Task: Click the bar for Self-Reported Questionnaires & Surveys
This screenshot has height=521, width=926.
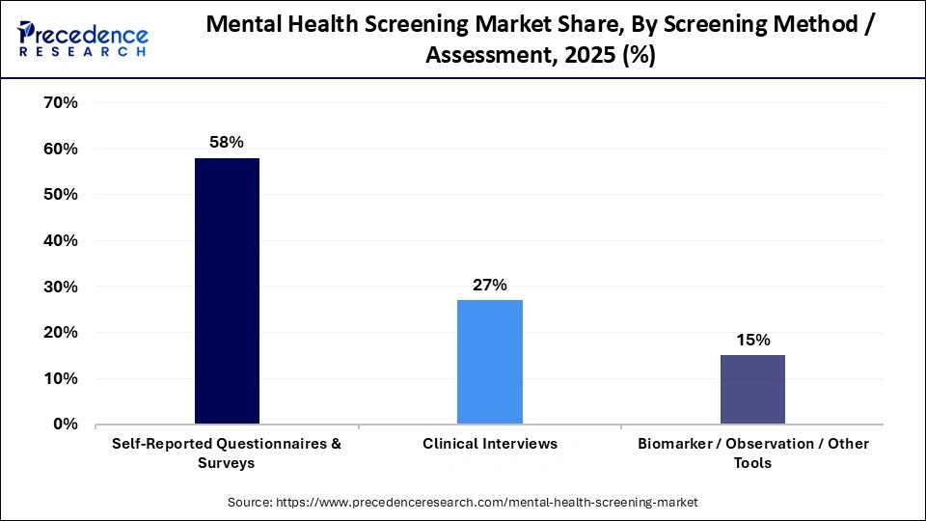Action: pos(227,290)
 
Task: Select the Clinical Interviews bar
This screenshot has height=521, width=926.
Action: pos(490,362)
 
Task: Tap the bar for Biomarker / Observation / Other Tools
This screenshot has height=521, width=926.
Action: pos(752,389)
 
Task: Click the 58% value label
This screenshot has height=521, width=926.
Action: pos(227,142)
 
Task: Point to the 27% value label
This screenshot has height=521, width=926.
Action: pos(490,285)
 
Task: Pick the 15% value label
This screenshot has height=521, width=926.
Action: pos(752,340)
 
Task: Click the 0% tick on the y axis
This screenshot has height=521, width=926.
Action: pos(65,425)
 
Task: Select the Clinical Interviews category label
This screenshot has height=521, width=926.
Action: pos(490,444)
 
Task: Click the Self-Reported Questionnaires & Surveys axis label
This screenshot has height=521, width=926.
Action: pos(227,452)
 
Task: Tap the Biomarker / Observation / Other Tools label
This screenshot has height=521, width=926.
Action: pos(752,452)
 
